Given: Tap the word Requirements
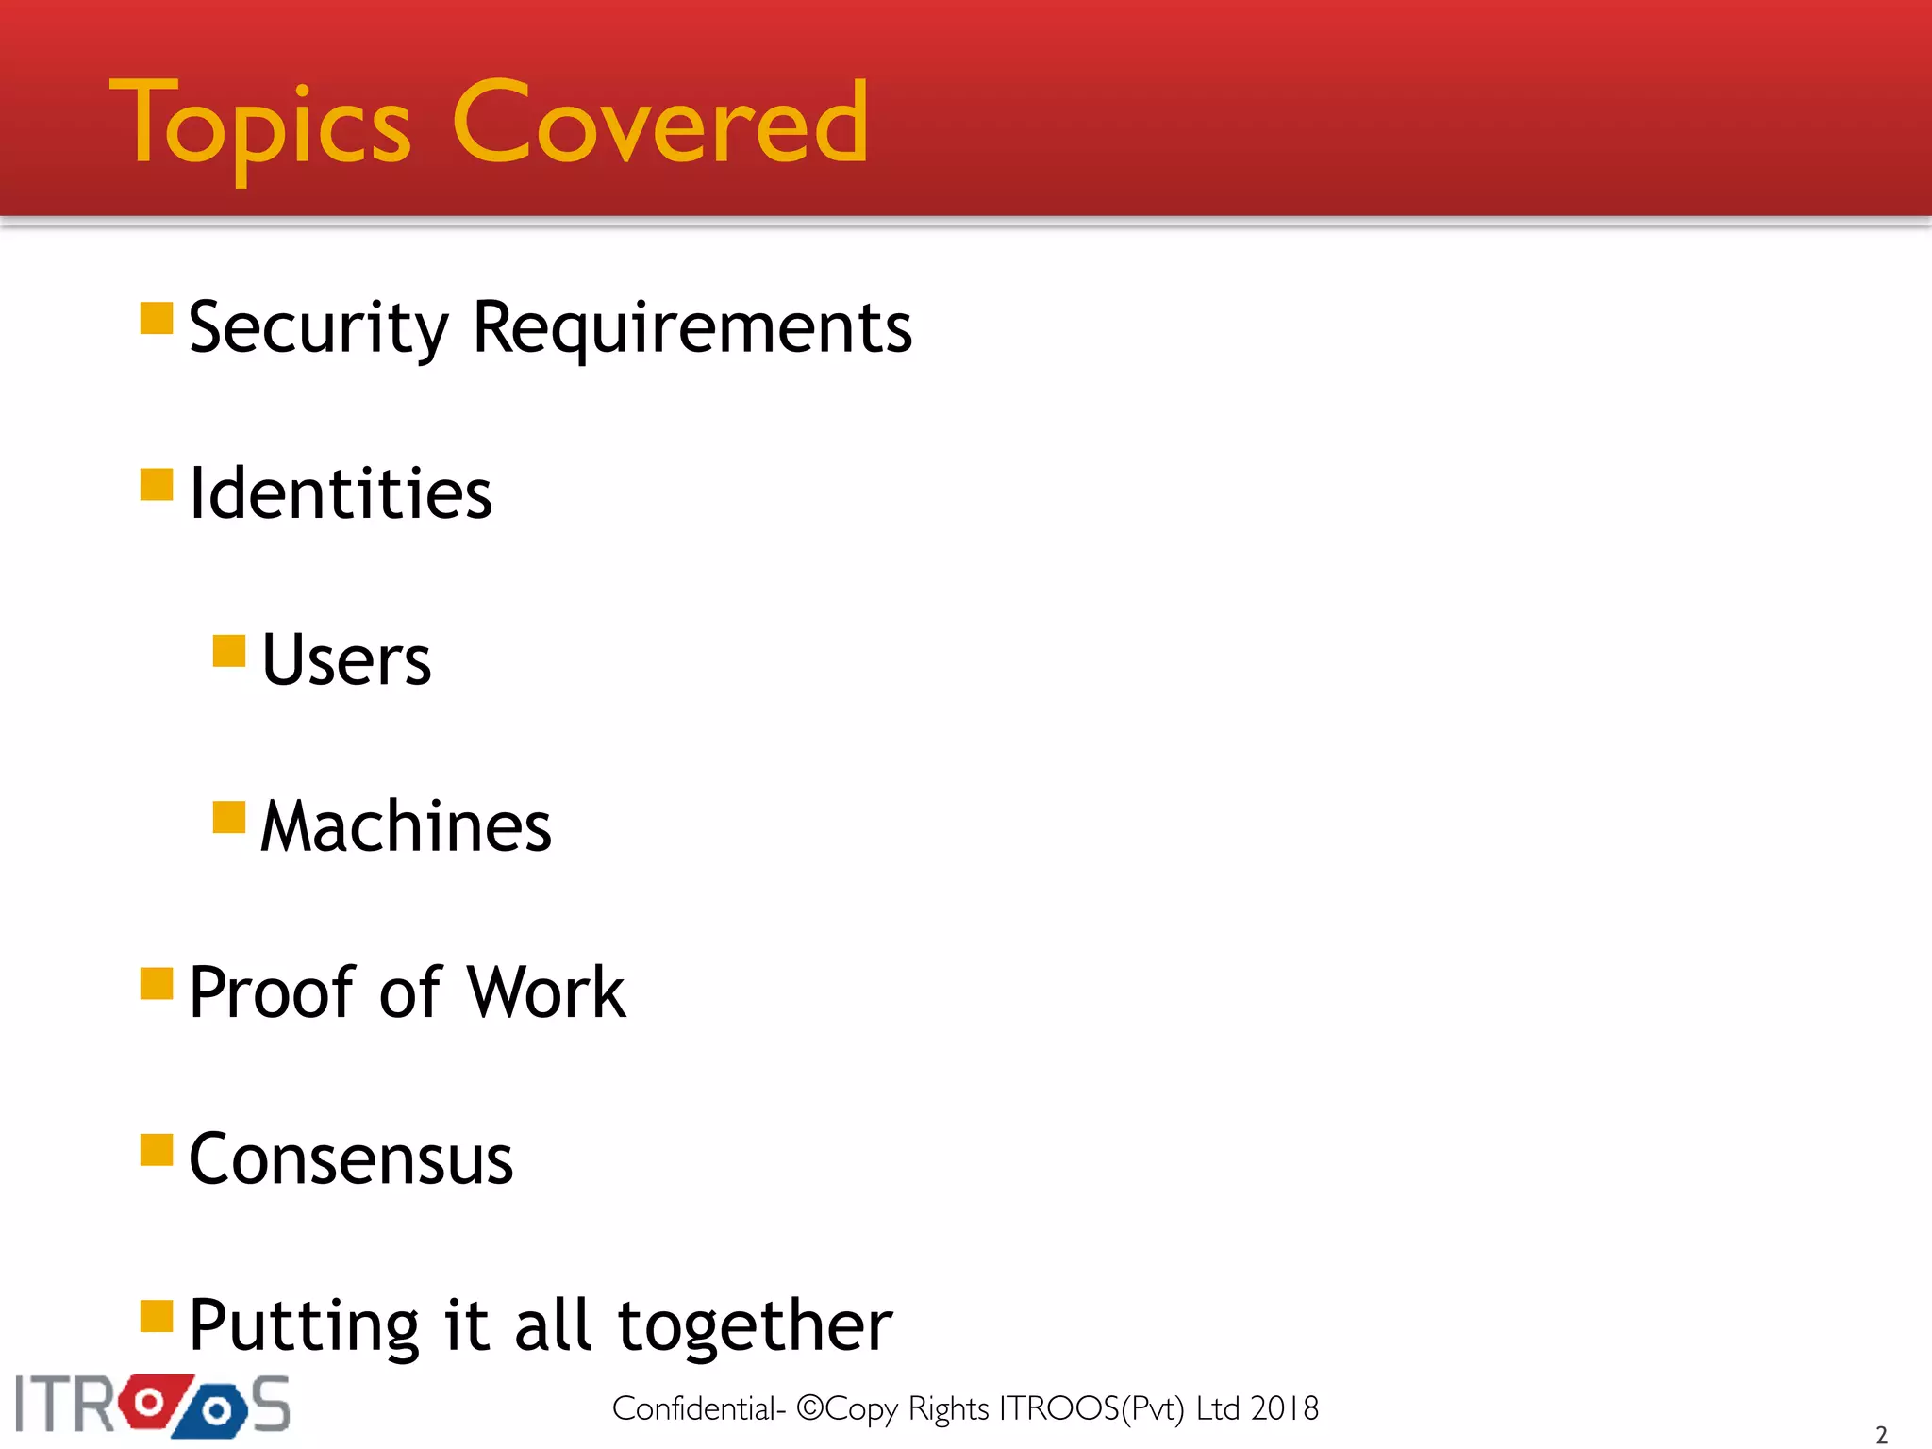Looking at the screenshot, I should click(691, 328).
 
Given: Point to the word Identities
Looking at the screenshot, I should click(340, 494).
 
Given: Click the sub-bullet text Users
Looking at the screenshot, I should click(345, 660).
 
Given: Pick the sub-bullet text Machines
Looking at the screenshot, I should click(406, 826).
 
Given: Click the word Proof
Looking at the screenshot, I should click(272, 992).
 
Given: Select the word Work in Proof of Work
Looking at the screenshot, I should click(546, 992).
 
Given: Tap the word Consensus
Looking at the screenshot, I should click(351, 1158).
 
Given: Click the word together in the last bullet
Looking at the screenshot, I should click(755, 1325).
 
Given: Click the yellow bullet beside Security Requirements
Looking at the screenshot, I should click(157, 319).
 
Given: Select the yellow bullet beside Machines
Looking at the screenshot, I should click(229, 817).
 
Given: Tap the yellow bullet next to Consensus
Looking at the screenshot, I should click(157, 1150).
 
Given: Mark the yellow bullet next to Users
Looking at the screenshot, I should click(229, 651).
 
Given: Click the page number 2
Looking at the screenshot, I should click(1881, 1435).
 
